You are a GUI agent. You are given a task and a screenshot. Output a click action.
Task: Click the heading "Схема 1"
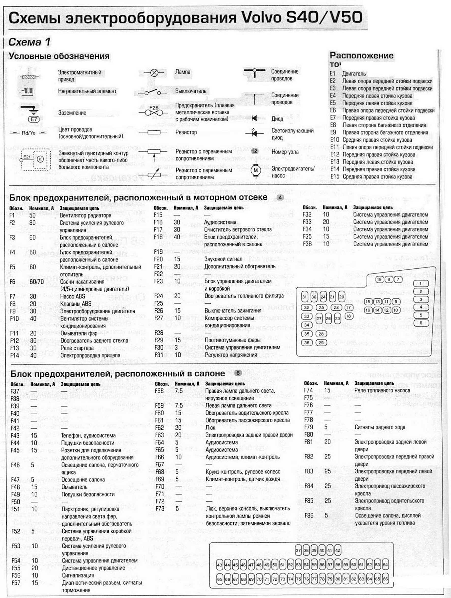tap(30, 42)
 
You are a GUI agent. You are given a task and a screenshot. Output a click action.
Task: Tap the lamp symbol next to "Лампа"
tap(154, 73)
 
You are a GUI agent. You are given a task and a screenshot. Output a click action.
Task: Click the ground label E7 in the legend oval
tap(34, 119)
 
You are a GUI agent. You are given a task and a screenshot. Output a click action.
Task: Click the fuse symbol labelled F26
tap(153, 111)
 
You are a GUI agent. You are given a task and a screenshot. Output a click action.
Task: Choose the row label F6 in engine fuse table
tap(12, 282)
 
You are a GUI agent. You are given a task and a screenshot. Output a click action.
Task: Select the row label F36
tap(307, 244)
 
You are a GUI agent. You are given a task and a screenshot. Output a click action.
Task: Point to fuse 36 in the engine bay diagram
tap(307, 343)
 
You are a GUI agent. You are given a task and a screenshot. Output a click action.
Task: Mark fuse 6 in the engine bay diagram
tap(421, 323)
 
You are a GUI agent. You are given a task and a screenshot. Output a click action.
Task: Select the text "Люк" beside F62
tap(210, 428)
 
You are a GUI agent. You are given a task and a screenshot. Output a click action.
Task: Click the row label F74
tap(308, 390)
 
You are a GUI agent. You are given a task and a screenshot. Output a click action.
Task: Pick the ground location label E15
tap(334, 177)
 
